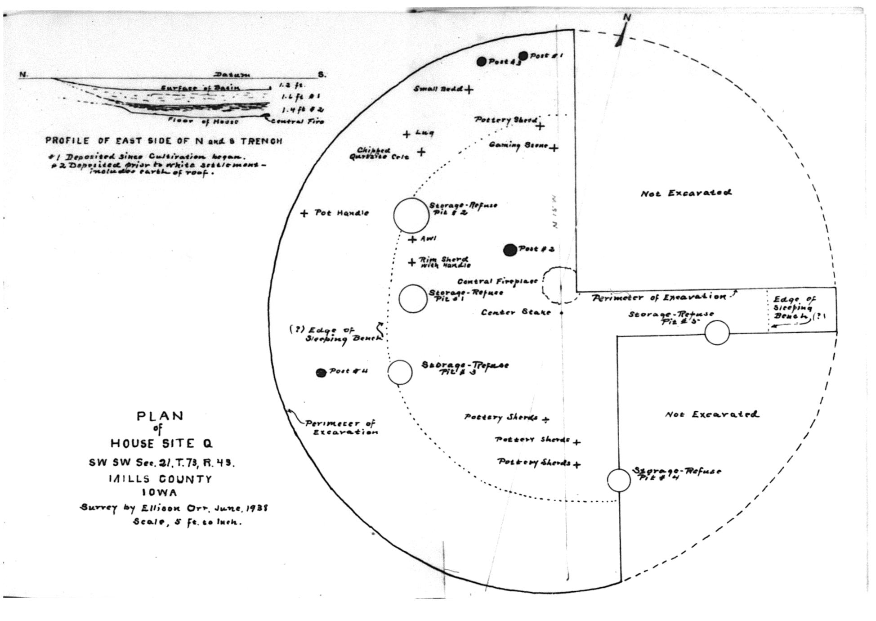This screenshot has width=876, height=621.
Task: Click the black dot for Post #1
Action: pyautogui.click(x=523, y=56)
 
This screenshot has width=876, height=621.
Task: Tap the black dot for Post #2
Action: pyautogui.click(x=510, y=250)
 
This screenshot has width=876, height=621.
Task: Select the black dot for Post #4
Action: pyautogui.click(x=321, y=373)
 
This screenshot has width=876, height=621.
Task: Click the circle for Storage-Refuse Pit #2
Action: pyautogui.click(x=411, y=216)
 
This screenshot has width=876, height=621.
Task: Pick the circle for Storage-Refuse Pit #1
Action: pyautogui.click(x=413, y=298)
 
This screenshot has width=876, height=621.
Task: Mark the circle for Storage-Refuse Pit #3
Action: pyautogui.click(x=400, y=372)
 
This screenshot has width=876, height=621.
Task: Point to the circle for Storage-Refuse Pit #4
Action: pyautogui.click(x=619, y=480)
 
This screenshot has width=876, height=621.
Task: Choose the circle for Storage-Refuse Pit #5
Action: pyautogui.click(x=717, y=333)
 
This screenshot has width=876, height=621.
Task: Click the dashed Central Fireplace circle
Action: pyautogui.click(x=560, y=285)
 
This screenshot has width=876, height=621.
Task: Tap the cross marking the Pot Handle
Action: pyautogui.click(x=304, y=213)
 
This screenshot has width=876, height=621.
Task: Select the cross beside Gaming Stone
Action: pyautogui.click(x=554, y=147)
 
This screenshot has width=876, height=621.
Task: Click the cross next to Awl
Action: pyautogui.click(x=412, y=239)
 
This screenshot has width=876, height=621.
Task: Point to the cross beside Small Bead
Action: pyautogui.click(x=469, y=90)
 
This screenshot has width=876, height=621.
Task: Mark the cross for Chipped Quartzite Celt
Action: pyautogui.click(x=421, y=152)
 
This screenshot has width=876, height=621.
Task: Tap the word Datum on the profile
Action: pyautogui.click(x=232, y=75)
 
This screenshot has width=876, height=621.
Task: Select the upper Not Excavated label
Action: pyautogui.click(x=686, y=193)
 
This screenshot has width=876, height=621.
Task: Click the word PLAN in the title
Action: pyautogui.click(x=160, y=416)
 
